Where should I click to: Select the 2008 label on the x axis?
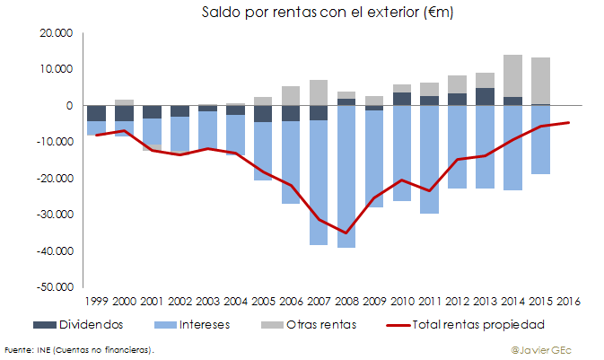click(x=346, y=301)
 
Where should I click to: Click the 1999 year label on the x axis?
click(x=97, y=301)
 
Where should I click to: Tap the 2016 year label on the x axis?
click(x=569, y=301)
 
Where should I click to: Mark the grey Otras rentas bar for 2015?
click(x=541, y=81)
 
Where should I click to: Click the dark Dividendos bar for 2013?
click(x=486, y=96)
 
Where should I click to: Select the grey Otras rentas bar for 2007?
click(x=319, y=92)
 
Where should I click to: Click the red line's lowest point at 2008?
click(x=346, y=233)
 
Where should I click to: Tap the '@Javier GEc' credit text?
click(x=540, y=348)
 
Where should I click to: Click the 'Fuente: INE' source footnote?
click(x=78, y=348)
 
